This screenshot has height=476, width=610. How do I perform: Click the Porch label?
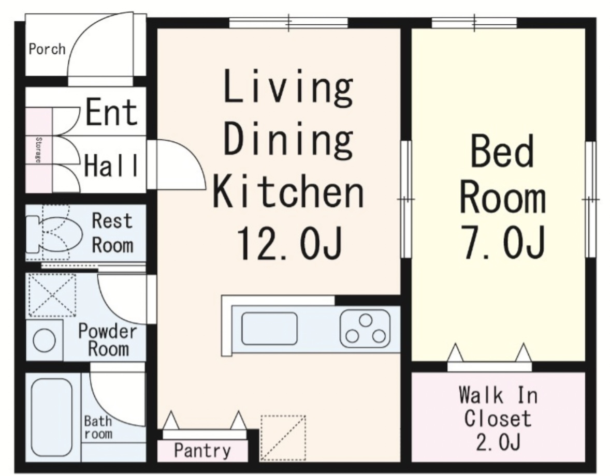[47, 49]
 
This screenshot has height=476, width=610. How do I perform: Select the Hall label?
[111, 166]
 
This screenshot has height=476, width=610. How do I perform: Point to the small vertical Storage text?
[38, 150]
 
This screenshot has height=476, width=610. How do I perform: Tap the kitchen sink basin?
[269, 329]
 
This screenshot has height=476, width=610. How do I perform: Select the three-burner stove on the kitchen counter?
[365, 329]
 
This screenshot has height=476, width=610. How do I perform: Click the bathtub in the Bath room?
[51, 418]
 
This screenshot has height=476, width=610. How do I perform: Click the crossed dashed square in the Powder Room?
[52, 295]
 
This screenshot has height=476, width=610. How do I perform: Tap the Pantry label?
[202, 451]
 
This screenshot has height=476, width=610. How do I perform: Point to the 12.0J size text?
[289, 244]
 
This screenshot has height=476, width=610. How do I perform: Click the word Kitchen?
[288, 191]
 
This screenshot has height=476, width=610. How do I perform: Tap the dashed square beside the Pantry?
[283, 438]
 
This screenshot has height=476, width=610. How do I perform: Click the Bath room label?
[98, 427]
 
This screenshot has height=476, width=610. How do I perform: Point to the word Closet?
[498, 419]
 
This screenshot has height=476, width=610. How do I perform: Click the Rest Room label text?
[112, 233]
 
